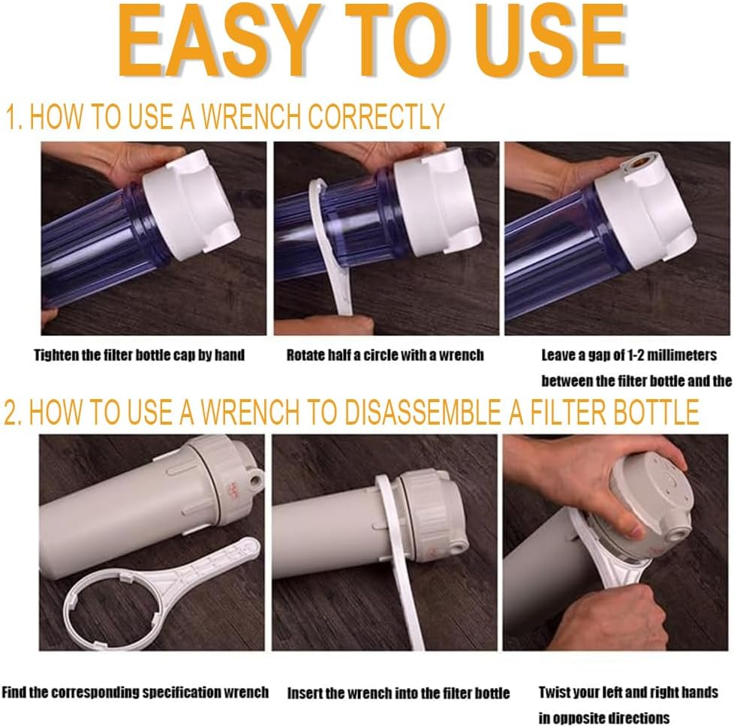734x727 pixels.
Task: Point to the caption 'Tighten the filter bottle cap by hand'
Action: pos(139,355)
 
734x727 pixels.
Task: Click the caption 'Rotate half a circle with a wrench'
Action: pos(385,355)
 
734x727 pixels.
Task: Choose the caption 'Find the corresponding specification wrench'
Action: pos(135,692)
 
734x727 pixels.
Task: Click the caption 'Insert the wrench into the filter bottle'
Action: pos(399,692)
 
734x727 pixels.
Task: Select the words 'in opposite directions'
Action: pos(604,718)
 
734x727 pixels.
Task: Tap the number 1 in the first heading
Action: pos(12,117)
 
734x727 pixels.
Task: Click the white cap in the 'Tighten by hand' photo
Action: pos(191,203)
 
